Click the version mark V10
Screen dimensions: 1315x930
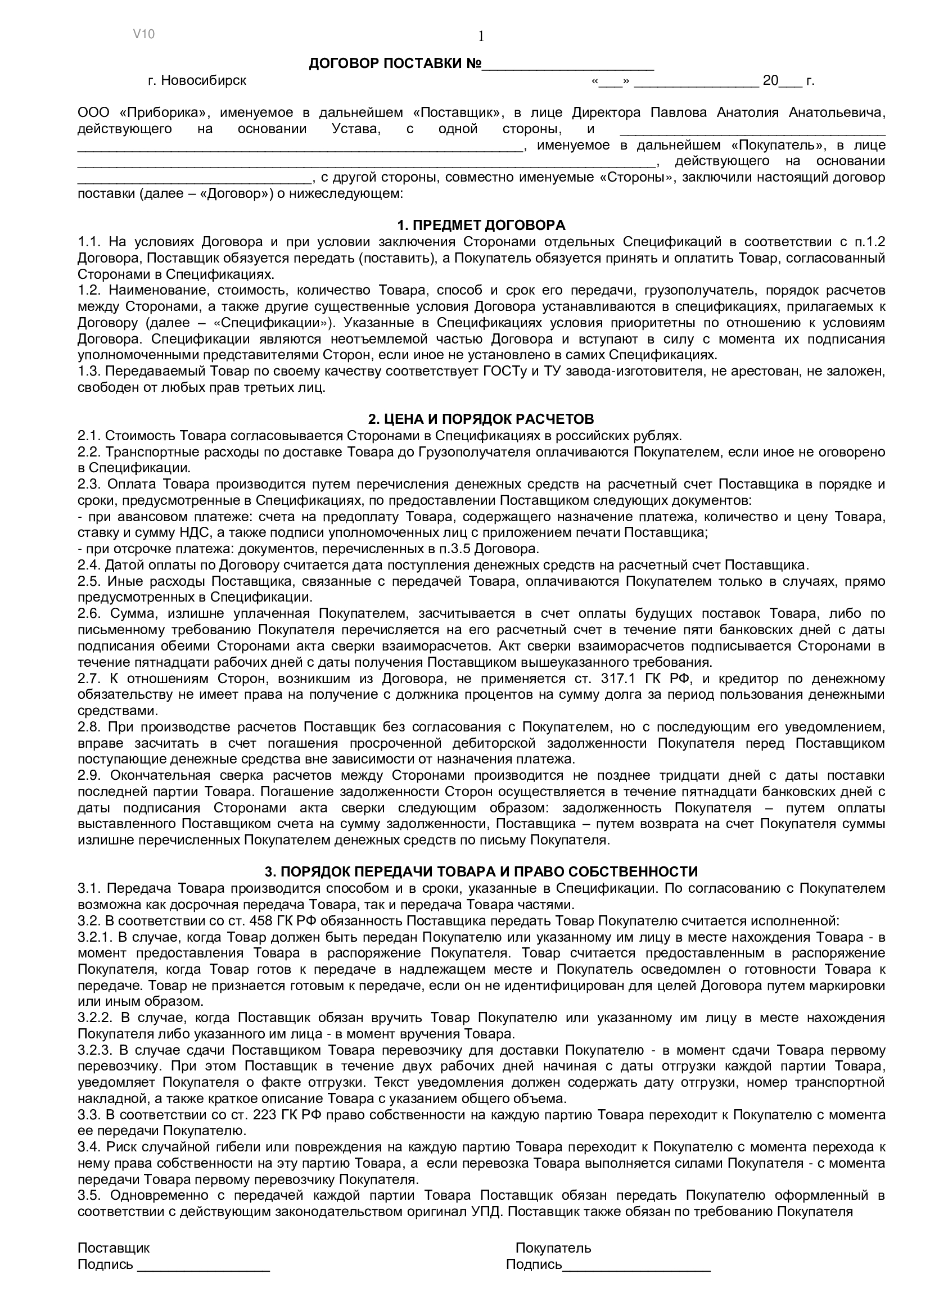click(x=144, y=34)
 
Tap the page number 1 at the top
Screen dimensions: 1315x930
click(x=481, y=37)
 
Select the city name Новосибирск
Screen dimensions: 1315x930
click(x=204, y=81)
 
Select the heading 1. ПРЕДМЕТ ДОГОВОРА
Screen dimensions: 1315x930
click(x=481, y=225)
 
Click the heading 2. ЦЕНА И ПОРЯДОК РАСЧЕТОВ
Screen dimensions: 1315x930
click(x=481, y=419)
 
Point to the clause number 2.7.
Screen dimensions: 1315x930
click(x=89, y=679)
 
